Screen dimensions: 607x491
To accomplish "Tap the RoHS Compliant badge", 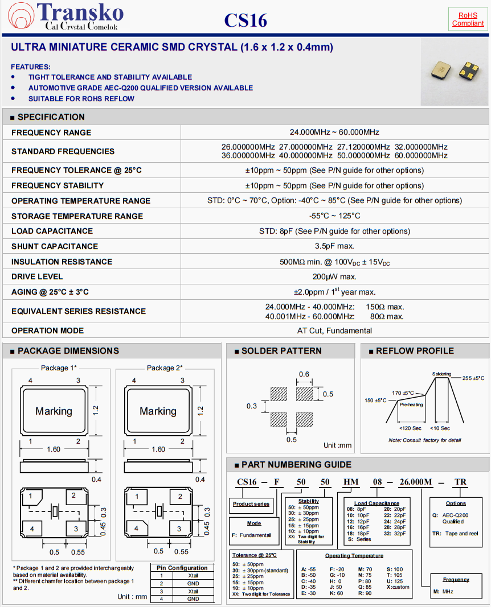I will point(468,19).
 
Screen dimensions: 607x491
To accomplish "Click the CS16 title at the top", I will point(245,20).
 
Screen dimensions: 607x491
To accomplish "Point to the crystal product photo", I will point(454,71).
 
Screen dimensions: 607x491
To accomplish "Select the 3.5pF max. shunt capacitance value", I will point(334,246).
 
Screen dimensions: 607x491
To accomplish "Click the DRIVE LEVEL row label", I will point(37,276).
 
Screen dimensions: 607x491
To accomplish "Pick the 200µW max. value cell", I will point(334,276).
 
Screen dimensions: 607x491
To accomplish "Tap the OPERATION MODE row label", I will point(47,331).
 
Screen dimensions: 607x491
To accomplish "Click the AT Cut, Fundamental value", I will point(334,331).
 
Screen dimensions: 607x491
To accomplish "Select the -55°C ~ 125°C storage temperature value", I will point(334,216).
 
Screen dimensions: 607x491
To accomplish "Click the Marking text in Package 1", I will point(54,411).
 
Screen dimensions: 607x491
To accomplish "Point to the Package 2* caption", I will point(165,367).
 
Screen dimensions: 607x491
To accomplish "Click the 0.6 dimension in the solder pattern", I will point(304,374).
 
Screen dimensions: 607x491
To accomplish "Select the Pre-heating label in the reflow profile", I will point(411,405).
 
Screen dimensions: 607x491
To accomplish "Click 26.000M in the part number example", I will point(415,482).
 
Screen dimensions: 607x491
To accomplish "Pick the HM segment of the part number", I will point(350,482).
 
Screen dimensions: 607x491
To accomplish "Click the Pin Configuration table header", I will point(182,568).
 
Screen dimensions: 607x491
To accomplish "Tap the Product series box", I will point(251,504).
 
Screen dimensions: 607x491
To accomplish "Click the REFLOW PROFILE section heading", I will point(415,351).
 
